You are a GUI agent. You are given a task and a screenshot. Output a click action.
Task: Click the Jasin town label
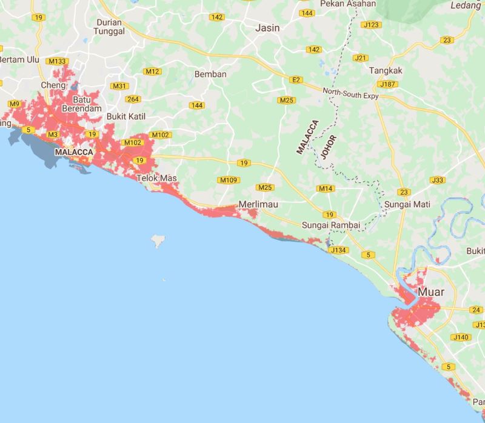click(x=267, y=28)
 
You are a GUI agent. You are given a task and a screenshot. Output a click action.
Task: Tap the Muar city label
click(x=431, y=292)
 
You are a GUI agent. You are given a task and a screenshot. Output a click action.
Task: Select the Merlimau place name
click(x=258, y=205)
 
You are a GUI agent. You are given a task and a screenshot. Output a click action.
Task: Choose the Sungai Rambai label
click(x=331, y=225)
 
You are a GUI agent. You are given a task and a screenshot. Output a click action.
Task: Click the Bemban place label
click(x=210, y=74)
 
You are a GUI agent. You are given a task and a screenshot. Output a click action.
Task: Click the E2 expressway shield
click(x=296, y=79)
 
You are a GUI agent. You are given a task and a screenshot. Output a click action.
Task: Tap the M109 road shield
click(x=229, y=180)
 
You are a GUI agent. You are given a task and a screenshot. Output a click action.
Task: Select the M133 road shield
click(x=58, y=61)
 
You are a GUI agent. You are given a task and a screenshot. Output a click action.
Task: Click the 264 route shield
click(x=133, y=99)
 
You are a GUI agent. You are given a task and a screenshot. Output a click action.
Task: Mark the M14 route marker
click(x=327, y=188)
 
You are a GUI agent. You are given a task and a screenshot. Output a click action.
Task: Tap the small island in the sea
click(x=159, y=241)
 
